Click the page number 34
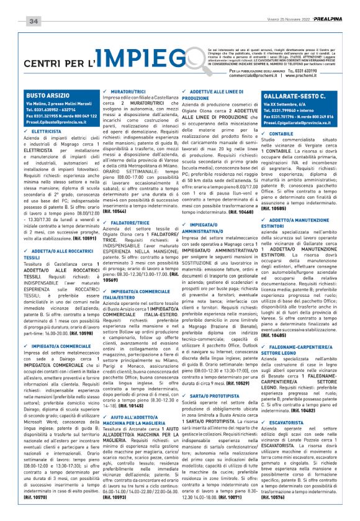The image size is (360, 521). (x=34, y=21)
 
